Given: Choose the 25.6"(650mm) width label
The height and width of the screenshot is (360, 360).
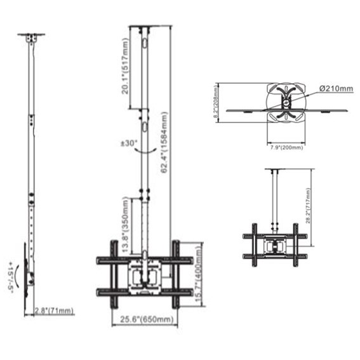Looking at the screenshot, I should coord(145,321).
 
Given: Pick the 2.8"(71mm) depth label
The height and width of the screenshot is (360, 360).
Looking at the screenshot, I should coord(54,310).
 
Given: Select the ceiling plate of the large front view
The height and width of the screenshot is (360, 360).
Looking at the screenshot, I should coord(144,27).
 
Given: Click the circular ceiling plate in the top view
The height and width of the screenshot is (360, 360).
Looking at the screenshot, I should coord(286,102).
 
